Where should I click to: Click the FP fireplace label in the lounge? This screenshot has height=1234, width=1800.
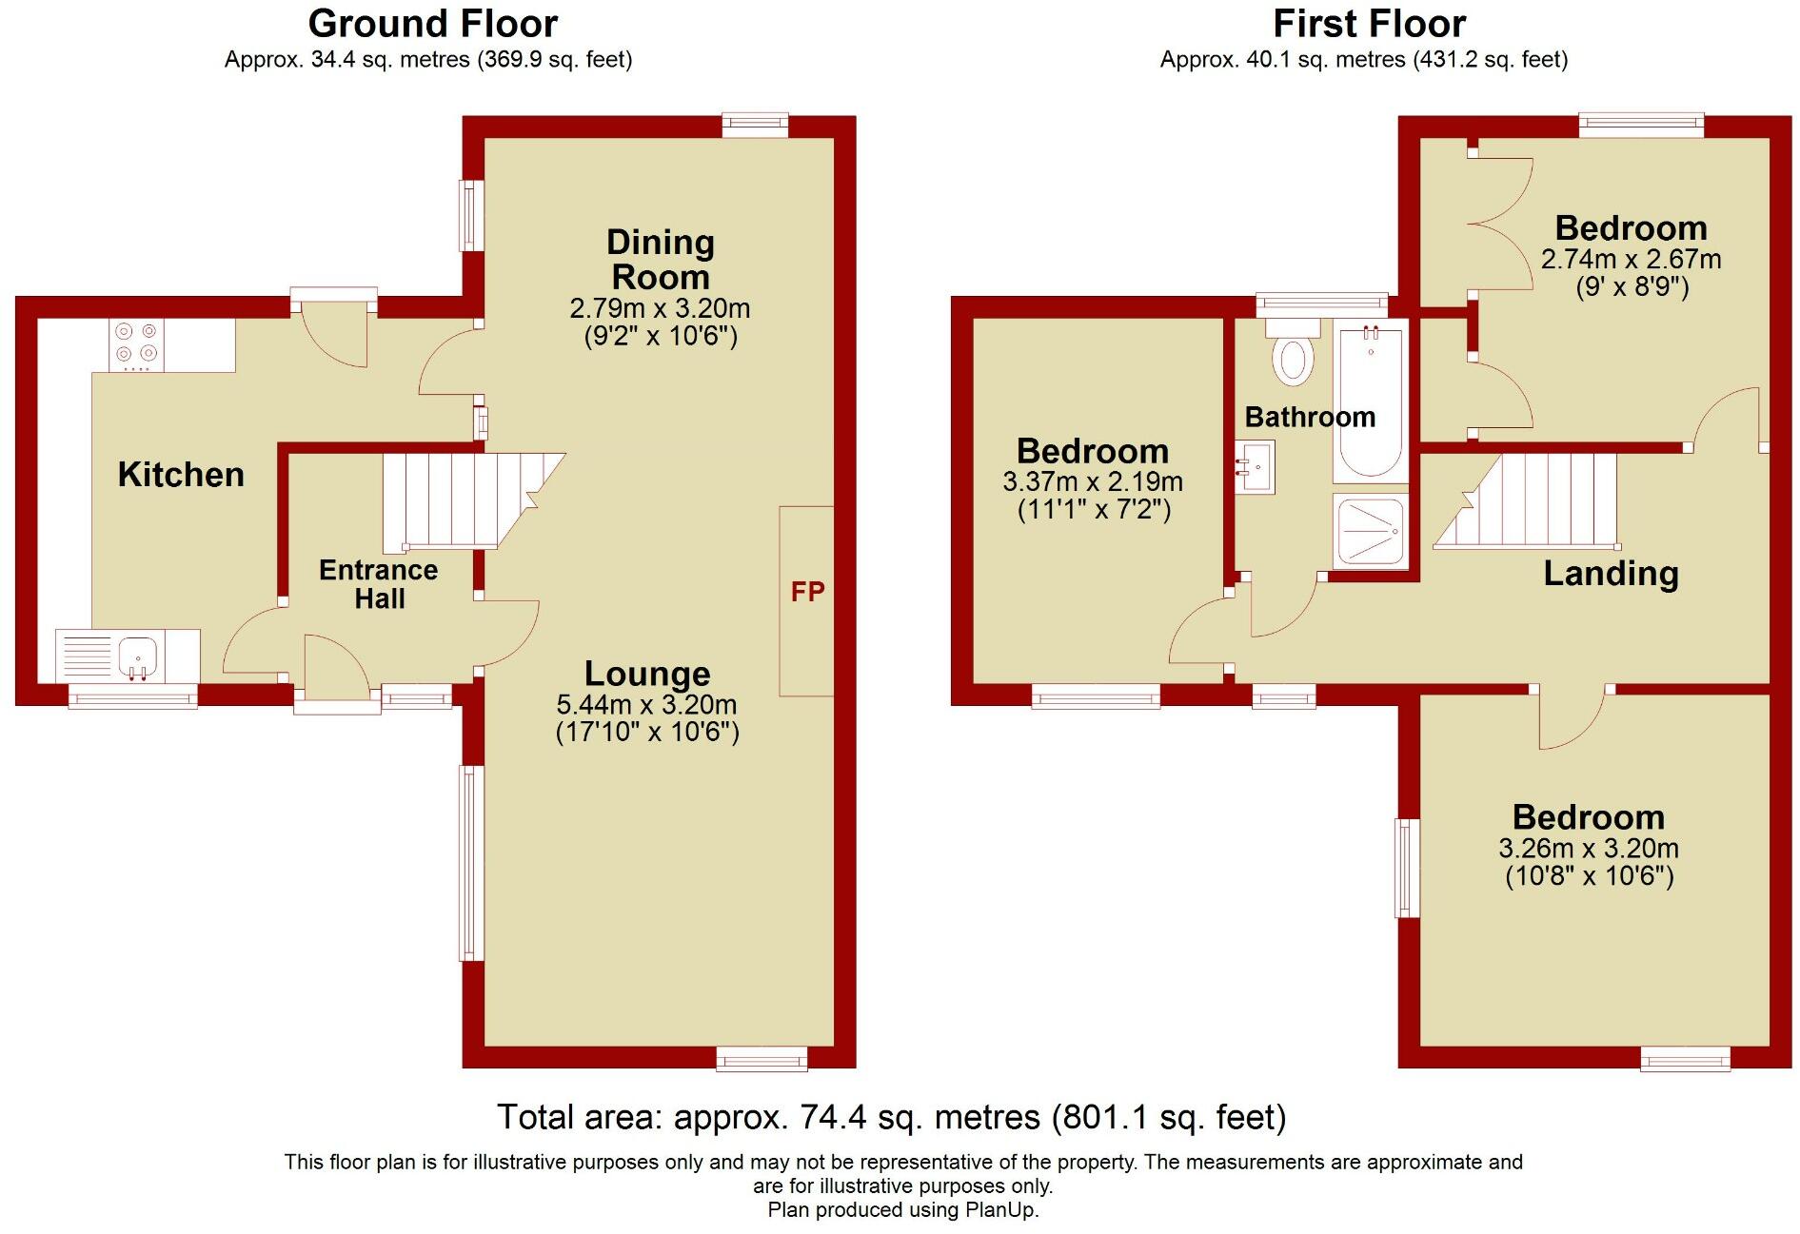[x=807, y=592]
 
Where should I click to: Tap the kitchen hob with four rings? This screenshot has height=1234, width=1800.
[x=136, y=344]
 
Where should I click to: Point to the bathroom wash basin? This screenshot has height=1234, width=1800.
[x=1256, y=467]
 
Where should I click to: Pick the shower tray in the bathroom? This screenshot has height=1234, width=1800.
[x=1370, y=530]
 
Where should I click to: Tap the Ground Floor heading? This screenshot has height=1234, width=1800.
[x=432, y=24]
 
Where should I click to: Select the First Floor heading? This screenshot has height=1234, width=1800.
[x=1369, y=24]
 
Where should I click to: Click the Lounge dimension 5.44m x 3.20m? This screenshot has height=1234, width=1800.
[x=646, y=705]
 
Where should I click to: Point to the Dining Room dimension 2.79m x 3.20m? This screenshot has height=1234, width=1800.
[x=660, y=308]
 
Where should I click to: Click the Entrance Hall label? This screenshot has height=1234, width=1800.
[x=379, y=584]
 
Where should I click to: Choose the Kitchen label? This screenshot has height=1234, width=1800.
[x=181, y=474]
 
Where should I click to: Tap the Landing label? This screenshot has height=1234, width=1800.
[x=1611, y=573]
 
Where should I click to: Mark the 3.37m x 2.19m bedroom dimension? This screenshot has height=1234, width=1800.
[x=1093, y=481]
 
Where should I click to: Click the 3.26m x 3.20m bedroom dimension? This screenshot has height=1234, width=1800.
[x=1589, y=848]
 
